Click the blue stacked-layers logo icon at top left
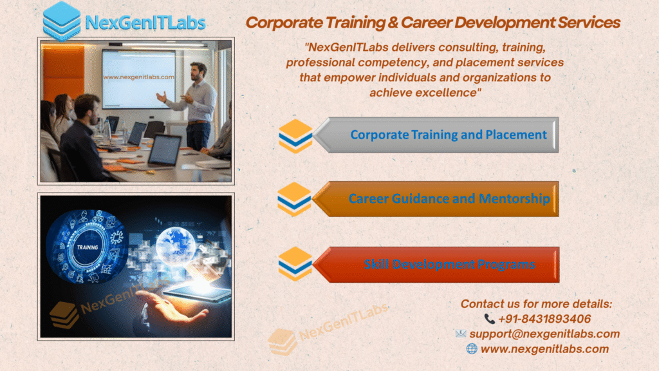pyautogui.click(x=62, y=21)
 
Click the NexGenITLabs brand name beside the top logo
pyautogui.click(x=145, y=23)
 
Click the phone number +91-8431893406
pyautogui.click(x=544, y=319)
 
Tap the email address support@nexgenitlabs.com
pyautogui.click(x=544, y=334)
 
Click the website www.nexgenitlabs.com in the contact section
pyautogui.click(x=544, y=348)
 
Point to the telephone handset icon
pyautogui.click(x=489, y=319)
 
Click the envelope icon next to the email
pyautogui.click(x=461, y=334)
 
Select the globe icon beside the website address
pyautogui.click(x=472, y=348)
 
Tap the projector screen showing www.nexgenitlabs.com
pyautogui.click(x=138, y=77)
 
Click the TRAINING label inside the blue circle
pyautogui.click(x=87, y=247)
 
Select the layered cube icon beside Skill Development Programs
pyautogui.click(x=295, y=264)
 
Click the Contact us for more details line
pyautogui.click(x=536, y=303)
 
